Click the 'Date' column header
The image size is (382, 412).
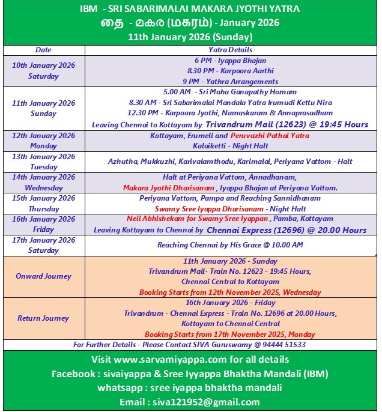(x=43, y=50)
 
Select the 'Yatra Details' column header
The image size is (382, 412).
(x=231, y=50)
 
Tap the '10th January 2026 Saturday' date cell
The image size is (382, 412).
(x=43, y=71)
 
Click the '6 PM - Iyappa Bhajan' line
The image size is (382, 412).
(x=230, y=61)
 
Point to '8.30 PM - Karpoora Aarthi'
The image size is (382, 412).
(x=230, y=71)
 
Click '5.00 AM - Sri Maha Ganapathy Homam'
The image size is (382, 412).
(x=230, y=92)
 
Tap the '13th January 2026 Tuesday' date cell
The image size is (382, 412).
(x=43, y=162)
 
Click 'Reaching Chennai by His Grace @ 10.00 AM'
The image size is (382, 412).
(x=230, y=245)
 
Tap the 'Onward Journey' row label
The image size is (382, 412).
(x=43, y=276)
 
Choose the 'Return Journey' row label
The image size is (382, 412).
(x=43, y=318)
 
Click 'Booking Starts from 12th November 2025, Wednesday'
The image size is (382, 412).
(x=230, y=292)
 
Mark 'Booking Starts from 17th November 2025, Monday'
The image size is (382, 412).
(x=230, y=334)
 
